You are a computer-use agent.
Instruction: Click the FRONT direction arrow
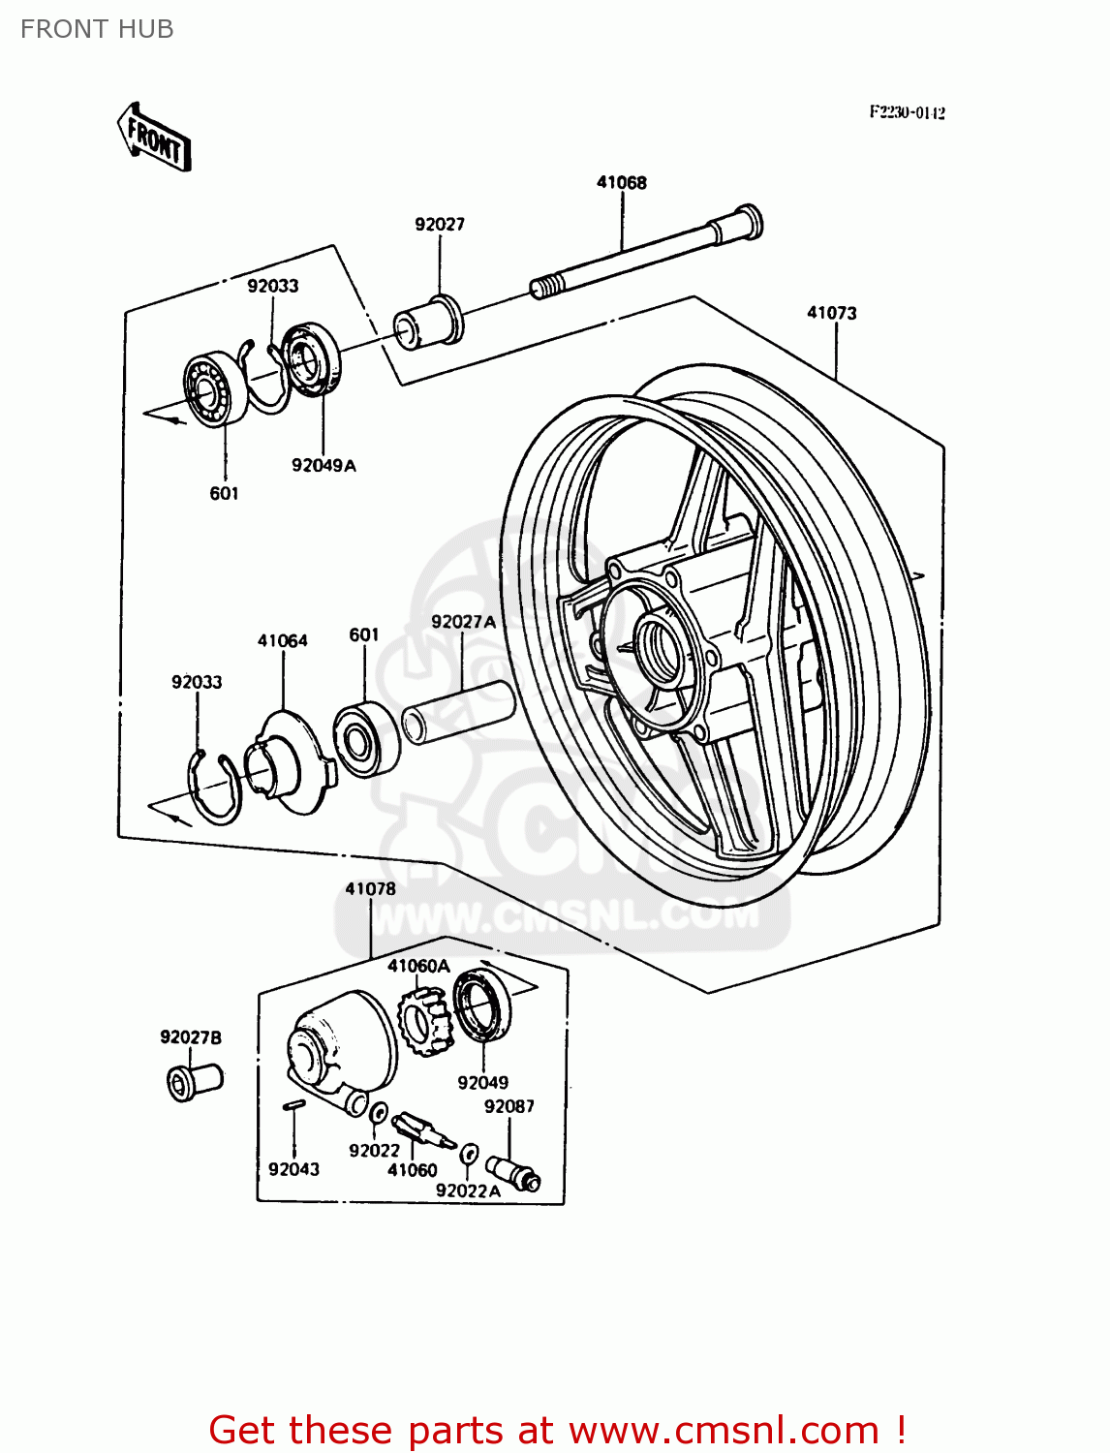(x=154, y=139)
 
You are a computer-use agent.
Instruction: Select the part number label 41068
(x=621, y=182)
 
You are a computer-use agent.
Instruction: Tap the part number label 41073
(x=831, y=313)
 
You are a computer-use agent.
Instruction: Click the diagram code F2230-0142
(x=907, y=112)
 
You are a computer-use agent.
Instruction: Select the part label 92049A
(x=324, y=465)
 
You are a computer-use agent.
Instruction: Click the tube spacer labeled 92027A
(x=457, y=712)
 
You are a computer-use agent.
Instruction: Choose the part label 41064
(x=282, y=640)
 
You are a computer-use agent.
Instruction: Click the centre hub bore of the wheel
(x=663, y=645)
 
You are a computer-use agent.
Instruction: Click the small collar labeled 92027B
(x=194, y=1081)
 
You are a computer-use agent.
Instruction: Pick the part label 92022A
(x=468, y=1190)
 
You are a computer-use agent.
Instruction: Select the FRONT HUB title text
(x=97, y=29)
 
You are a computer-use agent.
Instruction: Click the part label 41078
(x=370, y=888)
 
